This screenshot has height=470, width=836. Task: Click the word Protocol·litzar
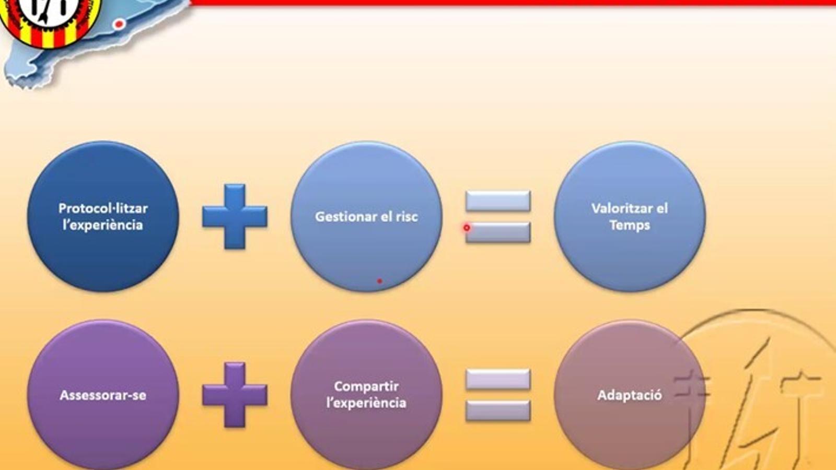click(103, 208)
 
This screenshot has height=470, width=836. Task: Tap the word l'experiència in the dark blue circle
click(102, 225)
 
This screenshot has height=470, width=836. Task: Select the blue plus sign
click(235, 216)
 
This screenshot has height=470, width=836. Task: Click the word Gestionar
click(344, 217)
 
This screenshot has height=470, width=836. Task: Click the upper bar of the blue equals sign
click(498, 201)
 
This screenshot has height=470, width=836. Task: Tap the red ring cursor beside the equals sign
click(467, 228)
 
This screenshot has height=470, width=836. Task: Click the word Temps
click(630, 225)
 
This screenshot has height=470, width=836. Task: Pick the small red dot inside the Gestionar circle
click(379, 281)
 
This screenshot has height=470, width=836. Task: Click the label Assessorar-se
click(103, 395)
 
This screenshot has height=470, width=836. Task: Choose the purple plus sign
click(235, 395)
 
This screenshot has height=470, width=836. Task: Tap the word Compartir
click(366, 386)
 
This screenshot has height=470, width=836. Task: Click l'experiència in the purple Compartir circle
click(366, 403)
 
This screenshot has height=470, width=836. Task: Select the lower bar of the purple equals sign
click(498, 410)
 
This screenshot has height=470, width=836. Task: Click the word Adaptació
click(630, 395)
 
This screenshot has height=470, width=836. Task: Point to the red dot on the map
click(119, 24)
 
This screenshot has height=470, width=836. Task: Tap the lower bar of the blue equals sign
click(498, 232)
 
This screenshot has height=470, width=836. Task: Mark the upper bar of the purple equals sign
click(498, 379)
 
